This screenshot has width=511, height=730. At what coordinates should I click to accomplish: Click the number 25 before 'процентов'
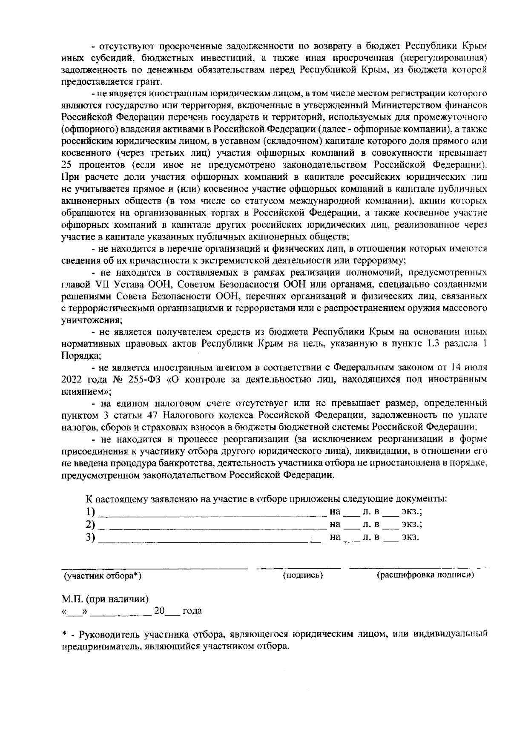pos(66,164)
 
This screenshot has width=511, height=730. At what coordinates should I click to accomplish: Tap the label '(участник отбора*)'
pos(102,576)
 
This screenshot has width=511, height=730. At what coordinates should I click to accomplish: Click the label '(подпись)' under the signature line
pos(303,575)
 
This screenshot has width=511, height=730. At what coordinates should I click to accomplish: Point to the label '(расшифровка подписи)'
pos(425,575)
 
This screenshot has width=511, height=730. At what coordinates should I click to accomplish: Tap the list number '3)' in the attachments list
pos(90,537)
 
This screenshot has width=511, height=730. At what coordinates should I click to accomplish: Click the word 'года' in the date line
pos(192,611)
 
